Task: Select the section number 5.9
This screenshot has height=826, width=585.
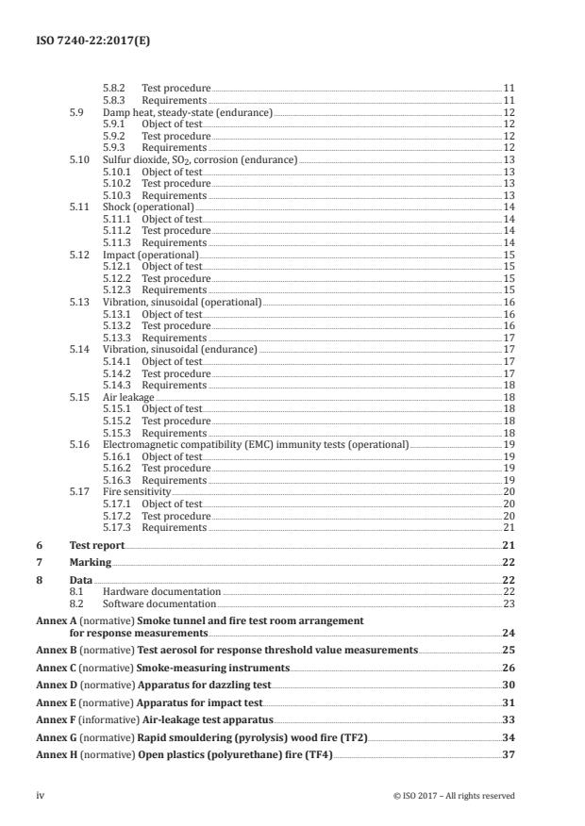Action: pyautogui.click(x=78, y=112)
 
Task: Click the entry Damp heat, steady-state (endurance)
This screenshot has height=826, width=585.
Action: pyautogui.click(x=187, y=112)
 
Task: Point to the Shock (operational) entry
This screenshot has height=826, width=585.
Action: pyautogui.click(x=148, y=206)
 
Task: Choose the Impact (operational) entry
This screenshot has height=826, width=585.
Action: pyautogui.click(x=150, y=255)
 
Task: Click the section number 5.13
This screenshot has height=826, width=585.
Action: pyautogui.click(x=81, y=302)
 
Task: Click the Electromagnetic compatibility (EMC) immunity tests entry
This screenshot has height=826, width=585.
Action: pyautogui.click(x=256, y=444)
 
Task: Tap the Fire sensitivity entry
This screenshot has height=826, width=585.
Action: pyautogui.click(x=137, y=492)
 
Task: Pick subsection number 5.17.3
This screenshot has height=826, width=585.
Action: pyautogui.click(x=117, y=527)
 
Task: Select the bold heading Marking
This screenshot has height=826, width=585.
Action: pyautogui.click(x=91, y=562)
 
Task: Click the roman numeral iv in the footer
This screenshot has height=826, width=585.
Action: pyautogui.click(x=40, y=795)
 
